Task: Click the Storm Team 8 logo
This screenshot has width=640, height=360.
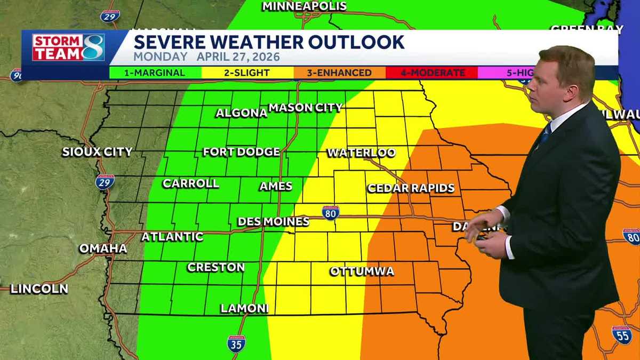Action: pos(68,47)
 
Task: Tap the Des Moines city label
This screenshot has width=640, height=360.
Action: pos(273,221)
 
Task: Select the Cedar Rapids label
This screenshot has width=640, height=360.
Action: pos(411,188)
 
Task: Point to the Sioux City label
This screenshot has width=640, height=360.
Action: pos(97,152)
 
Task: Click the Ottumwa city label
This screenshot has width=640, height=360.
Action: pos(362,271)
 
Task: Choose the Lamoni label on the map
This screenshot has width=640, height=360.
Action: pos(244,308)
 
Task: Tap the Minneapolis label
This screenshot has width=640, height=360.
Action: pos(305,6)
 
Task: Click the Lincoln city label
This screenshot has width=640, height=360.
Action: pos(39,289)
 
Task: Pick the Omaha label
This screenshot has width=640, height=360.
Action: pos(103,249)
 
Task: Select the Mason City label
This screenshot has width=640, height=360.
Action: pos(305,108)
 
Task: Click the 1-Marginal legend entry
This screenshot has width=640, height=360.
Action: pos(155,73)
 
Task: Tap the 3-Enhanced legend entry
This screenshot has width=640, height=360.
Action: pos(339,73)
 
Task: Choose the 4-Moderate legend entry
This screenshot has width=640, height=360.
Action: pos(433,73)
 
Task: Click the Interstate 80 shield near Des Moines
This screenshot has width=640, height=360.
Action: pos(331,212)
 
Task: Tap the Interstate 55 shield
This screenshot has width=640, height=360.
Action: pos(622,334)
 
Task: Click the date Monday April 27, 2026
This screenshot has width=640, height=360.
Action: pos(206,57)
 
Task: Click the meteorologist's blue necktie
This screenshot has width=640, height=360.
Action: pos(545,133)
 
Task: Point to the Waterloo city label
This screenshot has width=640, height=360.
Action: pos(361,153)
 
